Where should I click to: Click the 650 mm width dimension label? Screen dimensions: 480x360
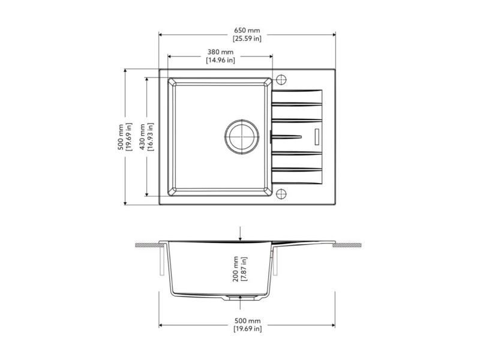coord(247,31)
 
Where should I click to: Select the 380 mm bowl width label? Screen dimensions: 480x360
coord(220,52)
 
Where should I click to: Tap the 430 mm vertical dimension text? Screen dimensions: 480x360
coord(142,137)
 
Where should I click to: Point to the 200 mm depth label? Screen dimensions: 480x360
coord(235,269)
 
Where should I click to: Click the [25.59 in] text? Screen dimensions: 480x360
coord(247,38)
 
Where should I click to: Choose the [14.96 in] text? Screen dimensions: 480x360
coord(220,60)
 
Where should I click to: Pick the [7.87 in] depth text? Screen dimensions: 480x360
coord(244,269)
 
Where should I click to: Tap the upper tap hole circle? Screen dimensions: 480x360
coord(281,80)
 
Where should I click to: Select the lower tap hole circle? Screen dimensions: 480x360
coord(281,194)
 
